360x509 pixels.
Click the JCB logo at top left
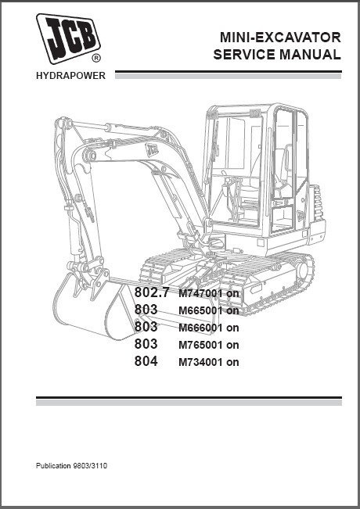tap(68, 38)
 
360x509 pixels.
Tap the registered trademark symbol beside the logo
tap(96, 58)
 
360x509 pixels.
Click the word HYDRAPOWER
tap(71, 76)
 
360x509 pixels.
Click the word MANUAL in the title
tap(310, 54)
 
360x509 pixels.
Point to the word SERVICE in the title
tap(244, 54)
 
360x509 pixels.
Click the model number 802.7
tap(152, 292)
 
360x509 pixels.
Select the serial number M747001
tap(200, 293)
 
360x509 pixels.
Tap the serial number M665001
tap(200, 310)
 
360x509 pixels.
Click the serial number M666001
tap(200, 328)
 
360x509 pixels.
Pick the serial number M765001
tap(200, 345)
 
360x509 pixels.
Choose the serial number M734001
tap(200, 362)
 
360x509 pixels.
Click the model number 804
tap(146, 361)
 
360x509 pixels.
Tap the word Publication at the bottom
tap(53, 466)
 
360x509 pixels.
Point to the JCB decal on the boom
tap(151, 149)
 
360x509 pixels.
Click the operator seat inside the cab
tap(280, 172)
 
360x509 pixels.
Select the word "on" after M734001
tap(232, 362)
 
